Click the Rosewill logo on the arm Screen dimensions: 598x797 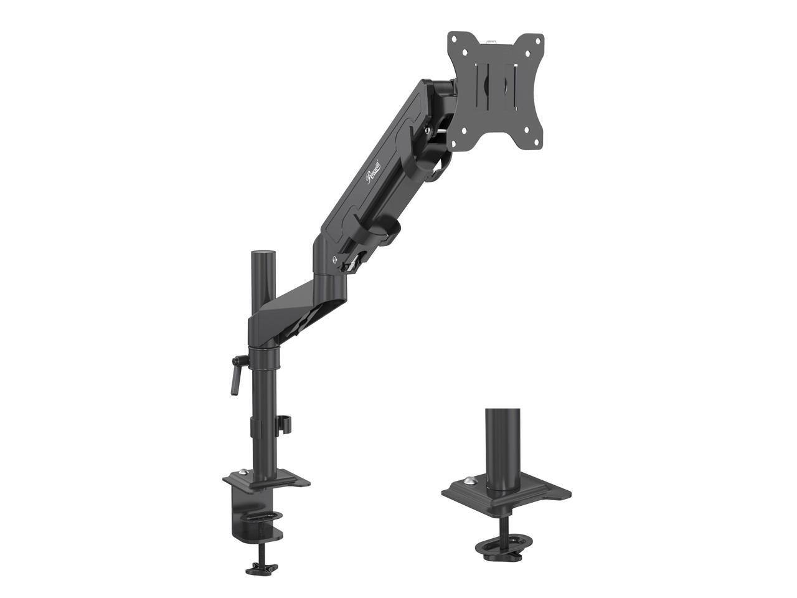376,169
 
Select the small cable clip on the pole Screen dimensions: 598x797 285,424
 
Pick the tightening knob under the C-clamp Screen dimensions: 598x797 261,568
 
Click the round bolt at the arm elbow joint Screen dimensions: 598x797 336,259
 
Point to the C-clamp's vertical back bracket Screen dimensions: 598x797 233,511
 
